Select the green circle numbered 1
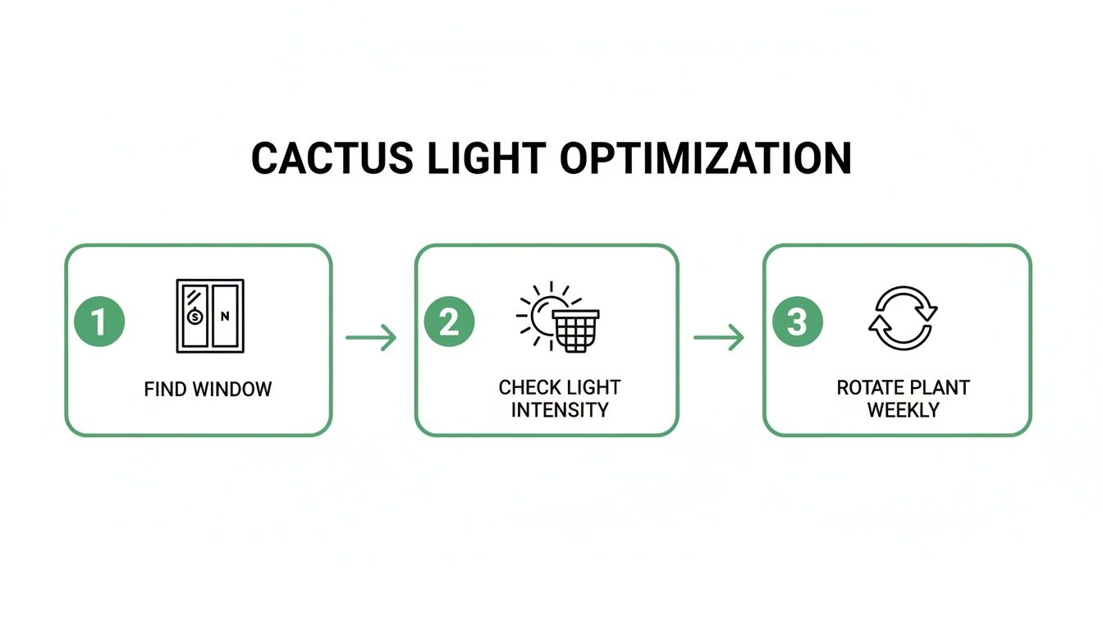pos(99,322)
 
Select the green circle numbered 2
pos(449,322)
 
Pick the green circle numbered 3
pos(798,322)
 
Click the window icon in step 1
pos(210,316)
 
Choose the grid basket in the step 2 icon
pos(575,330)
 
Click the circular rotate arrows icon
pos(902,318)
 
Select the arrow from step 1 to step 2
pos(371,337)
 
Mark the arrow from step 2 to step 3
pos(719,337)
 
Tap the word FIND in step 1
pos(165,389)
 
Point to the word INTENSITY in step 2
pos(559,409)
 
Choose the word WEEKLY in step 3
pos(903,409)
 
